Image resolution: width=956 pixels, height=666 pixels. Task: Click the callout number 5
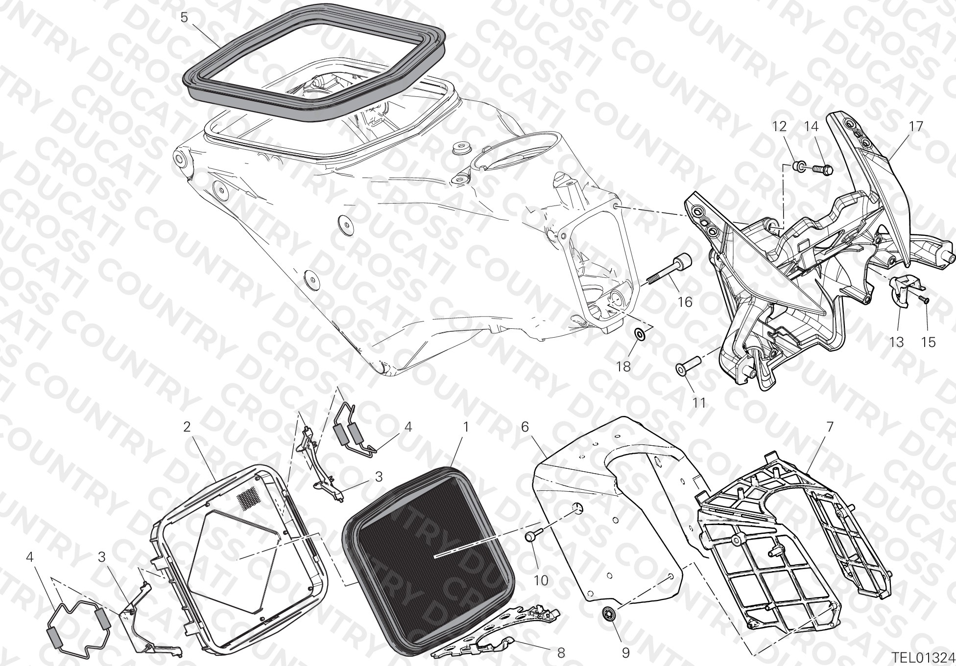coord(184,18)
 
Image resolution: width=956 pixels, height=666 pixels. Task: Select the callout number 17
coord(916,127)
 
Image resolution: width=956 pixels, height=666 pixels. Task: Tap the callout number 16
coord(685,302)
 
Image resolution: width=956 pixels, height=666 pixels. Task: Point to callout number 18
coord(623,367)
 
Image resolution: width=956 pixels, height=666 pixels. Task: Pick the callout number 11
coord(699,403)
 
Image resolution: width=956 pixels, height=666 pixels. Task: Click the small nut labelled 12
coord(799,167)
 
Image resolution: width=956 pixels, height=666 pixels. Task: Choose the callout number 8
coord(561,652)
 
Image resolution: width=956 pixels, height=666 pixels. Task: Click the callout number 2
coord(187,427)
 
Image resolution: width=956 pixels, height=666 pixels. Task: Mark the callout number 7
coord(829,427)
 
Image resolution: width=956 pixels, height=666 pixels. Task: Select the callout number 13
coord(897,342)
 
